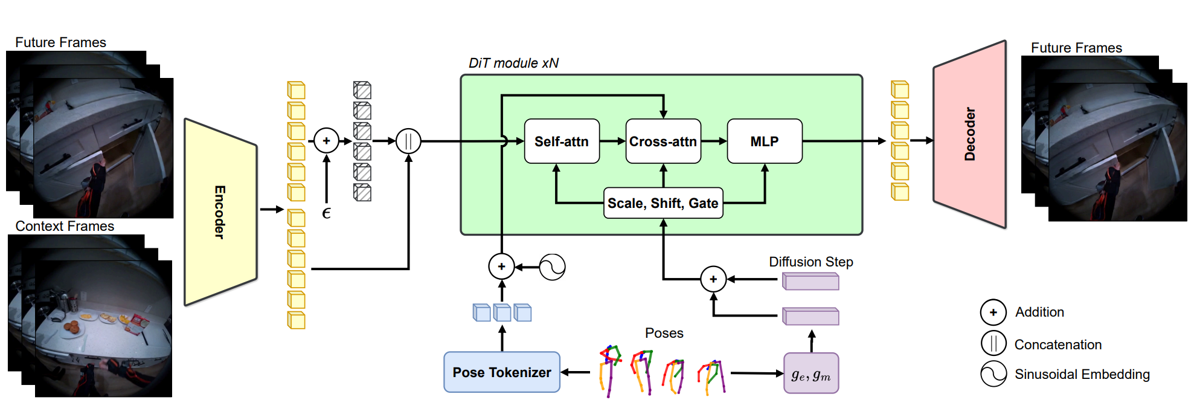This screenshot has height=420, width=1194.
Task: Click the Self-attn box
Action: coord(562,141)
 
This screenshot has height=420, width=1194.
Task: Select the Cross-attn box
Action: coord(663,141)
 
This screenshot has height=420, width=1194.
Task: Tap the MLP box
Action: coord(765,141)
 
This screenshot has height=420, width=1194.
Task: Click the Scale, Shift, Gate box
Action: coord(663,203)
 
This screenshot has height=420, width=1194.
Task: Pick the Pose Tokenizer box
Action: coord(502,372)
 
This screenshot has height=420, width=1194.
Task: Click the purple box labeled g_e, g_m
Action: coord(811,373)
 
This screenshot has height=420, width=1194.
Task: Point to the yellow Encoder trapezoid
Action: coord(220,212)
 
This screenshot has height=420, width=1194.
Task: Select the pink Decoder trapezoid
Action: coord(969,134)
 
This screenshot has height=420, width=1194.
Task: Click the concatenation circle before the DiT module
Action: coord(408,141)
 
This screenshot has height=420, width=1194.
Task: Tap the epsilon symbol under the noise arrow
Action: coord(326,213)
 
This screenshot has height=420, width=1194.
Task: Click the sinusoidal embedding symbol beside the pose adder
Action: coord(552,267)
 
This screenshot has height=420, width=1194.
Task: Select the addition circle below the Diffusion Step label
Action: coord(713,279)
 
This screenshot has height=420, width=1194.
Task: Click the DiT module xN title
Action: coord(513,63)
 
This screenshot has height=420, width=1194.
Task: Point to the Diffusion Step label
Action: coord(810,262)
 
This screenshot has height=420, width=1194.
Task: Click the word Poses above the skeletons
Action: coord(664,333)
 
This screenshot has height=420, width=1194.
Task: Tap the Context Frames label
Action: coord(65,226)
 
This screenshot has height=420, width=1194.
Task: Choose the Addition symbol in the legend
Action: coord(993,312)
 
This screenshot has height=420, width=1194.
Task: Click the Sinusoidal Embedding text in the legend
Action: coord(1082,374)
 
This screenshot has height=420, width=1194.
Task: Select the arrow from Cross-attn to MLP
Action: coord(714,141)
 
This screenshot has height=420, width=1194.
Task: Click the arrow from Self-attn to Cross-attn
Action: coord(612,141)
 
